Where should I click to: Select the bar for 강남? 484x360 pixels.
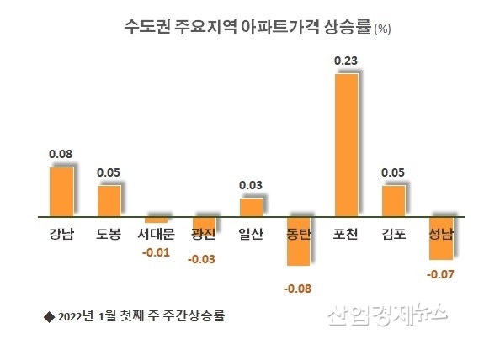click(x=61, y=190)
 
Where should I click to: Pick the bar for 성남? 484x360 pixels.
click(x=441, y=237)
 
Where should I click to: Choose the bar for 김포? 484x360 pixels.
click(x=393, y=200)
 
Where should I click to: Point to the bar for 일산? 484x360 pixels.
click(x=251, y=206)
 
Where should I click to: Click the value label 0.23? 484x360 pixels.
click(x=346, y=61)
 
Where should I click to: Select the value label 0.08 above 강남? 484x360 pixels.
click(x=61, y=154)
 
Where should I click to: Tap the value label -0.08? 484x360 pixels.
click(x=299, y=290)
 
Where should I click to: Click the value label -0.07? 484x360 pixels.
click(x=441, y=274)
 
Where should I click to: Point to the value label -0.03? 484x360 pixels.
click(x=203, y=258)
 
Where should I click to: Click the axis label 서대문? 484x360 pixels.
click(x=155, y=233)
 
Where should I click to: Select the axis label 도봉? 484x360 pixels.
click(x=109, y=233)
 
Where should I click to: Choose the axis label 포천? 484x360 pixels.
click(x=346, y=233)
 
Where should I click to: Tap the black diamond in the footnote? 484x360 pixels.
click(x=47, y=316)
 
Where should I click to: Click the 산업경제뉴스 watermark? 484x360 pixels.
click(x=386, y=314)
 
